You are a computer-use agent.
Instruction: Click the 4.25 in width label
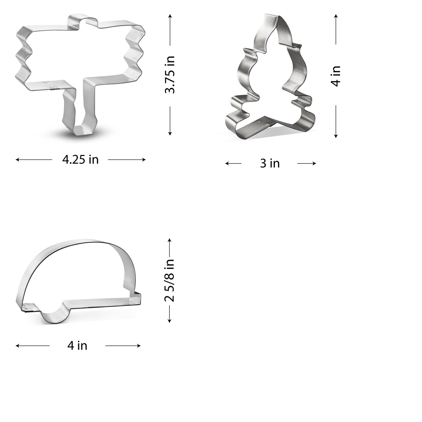coord(80,160)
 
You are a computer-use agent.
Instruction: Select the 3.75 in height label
coord(170,75)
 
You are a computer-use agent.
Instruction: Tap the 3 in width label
coord(270,163)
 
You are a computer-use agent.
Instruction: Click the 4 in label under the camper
coord(77,346)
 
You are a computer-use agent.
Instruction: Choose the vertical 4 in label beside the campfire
coord(336,76)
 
